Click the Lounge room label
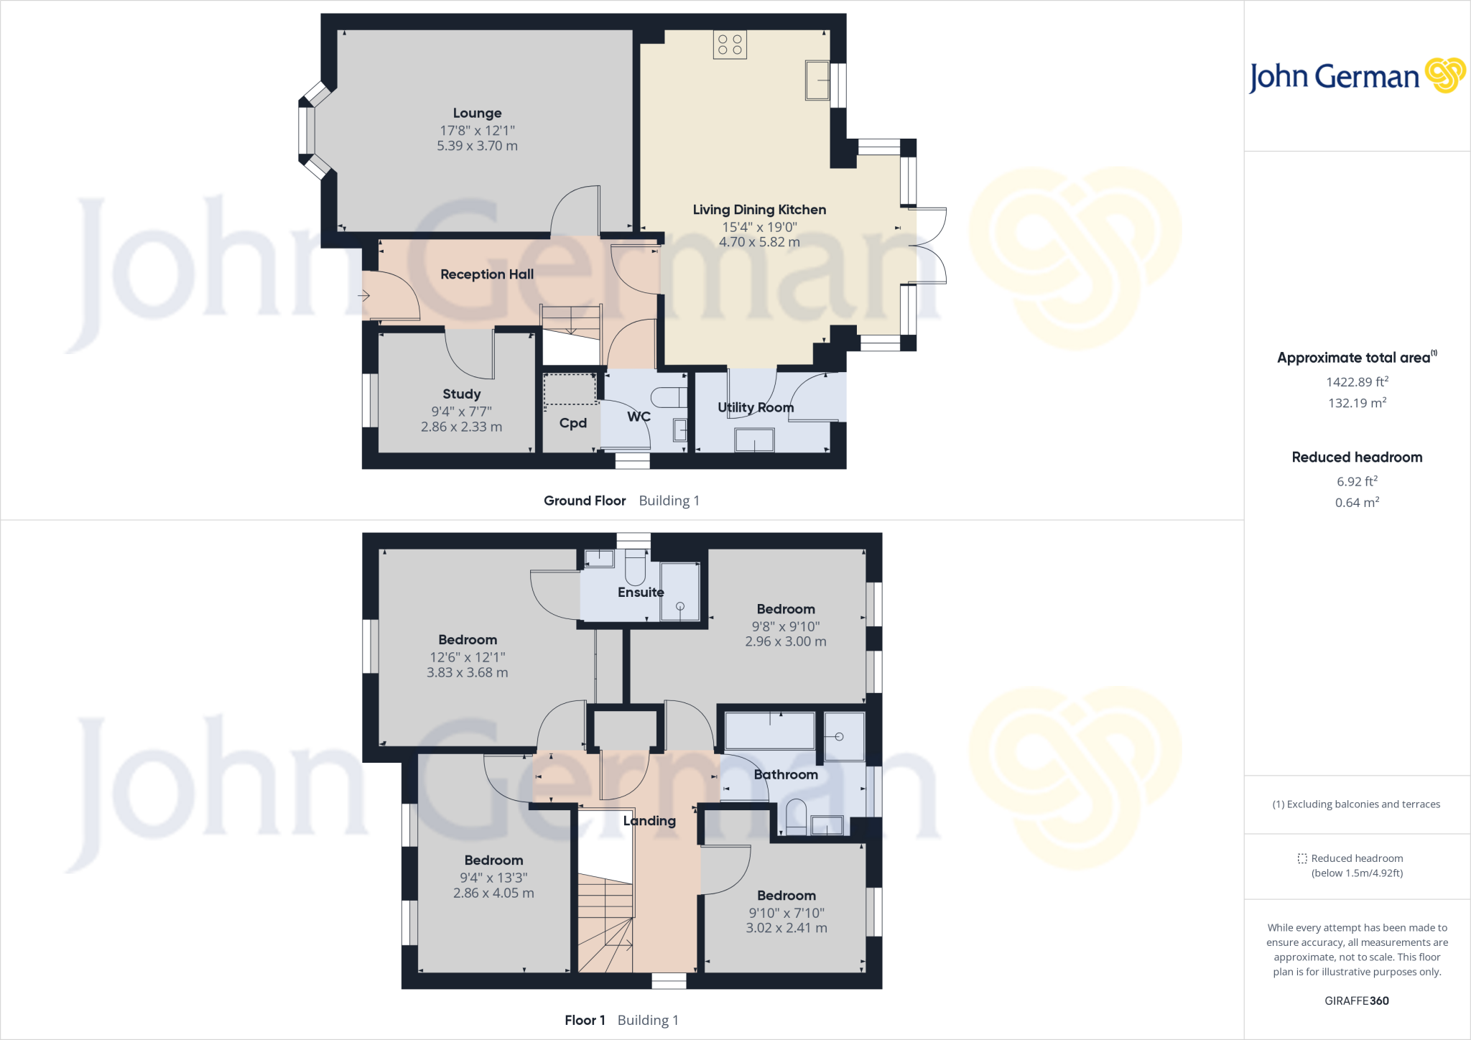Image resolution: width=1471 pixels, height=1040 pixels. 477,113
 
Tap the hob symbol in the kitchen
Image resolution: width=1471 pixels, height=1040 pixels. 730,45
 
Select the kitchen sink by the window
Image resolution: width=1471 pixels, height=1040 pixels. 817,80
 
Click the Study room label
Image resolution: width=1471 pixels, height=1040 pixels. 461,394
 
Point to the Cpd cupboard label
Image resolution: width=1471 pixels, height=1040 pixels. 572,423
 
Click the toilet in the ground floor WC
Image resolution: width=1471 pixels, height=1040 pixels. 669,397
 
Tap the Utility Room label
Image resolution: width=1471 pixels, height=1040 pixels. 756,407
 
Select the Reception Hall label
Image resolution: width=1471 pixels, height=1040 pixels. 486,274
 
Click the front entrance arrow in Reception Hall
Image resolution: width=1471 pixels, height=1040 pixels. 364,295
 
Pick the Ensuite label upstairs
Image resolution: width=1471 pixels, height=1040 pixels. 641,593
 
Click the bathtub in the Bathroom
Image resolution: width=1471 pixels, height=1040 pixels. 770,730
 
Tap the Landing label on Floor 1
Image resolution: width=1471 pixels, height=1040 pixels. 649,821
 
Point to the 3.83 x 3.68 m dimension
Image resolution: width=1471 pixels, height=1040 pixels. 467,673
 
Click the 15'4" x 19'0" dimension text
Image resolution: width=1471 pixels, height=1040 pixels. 759,227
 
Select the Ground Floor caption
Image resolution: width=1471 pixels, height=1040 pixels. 585,501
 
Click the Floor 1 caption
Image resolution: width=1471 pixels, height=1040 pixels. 585,1020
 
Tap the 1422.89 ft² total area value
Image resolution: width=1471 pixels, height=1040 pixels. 1357,382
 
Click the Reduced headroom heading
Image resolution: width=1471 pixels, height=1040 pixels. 1357,458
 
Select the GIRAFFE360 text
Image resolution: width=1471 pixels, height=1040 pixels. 1357,1000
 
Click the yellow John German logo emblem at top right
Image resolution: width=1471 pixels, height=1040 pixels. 1444,75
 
